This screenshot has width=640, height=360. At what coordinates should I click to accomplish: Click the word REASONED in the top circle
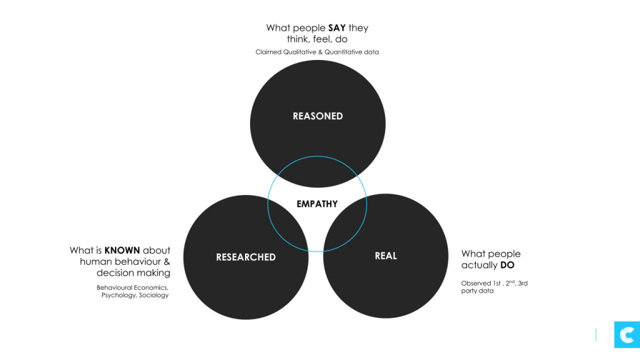pyautogui.click(x=317, y=116)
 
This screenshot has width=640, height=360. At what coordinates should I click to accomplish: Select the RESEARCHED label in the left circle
pyautogui.click(x=246, y=257)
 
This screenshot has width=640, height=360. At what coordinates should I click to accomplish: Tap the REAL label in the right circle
pyautogui.click(x=386, y=256)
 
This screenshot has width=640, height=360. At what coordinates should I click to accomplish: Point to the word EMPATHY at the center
pyautogui.click(x=317, y=204)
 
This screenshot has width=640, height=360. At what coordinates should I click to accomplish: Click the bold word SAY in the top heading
pyautogui.click(x=337, y=28)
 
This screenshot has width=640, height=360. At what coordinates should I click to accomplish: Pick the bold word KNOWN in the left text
pyautogui.click(x=122, y=251)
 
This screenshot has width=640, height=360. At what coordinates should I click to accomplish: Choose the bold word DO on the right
pyautogui.click(x=507, y=265)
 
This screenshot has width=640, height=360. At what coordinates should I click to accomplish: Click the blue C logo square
pyautogui.click(x=626, y=335)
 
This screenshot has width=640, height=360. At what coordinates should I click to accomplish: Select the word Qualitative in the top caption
pyautogui.click(x=298, y=52)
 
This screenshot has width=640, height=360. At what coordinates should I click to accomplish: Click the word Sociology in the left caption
pyautogui.click(x=154, y=295)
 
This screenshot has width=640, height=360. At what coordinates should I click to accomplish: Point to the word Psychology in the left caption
pyautogui.click(x=119, y=295)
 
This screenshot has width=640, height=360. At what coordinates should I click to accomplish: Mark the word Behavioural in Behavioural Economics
pyautogui.click(x=115, y=287)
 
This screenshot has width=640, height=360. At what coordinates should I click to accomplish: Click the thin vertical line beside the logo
pyautogui.click(x=596, y=335)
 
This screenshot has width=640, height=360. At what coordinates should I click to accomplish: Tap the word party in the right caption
pyautogui.click(x=469, y=291)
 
